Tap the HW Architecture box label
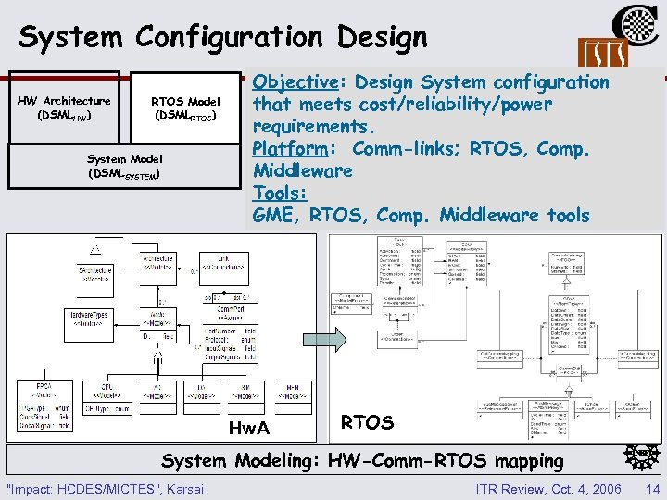[x=64, y=107]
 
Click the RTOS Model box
[x=185, y=107]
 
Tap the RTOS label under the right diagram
[x=367, y=423]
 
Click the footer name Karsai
[x=184, y=488]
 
